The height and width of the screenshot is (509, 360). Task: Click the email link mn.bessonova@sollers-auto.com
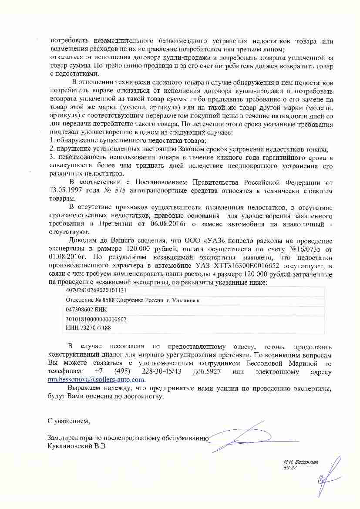[96, 380]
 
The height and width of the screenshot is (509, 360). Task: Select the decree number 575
[112, 191]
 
